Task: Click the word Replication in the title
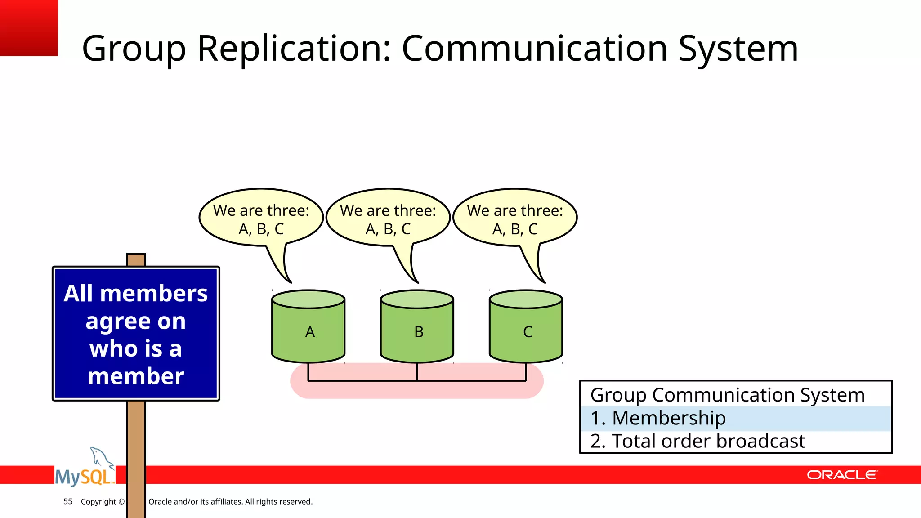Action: tap(295, 49)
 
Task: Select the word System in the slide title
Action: tap(738, 49)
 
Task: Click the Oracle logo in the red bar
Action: tap(842, 475)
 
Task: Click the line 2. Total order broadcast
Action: tap(697, 441)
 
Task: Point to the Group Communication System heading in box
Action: tap(727, 395)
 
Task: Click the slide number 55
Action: tap(68, 501)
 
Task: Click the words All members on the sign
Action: tap(135, 294)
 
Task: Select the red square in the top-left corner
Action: tap(28, 27)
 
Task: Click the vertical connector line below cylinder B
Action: tap(417, 372)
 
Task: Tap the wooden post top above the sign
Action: tap(136, 259)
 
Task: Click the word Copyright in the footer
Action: tap(98, 501)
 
